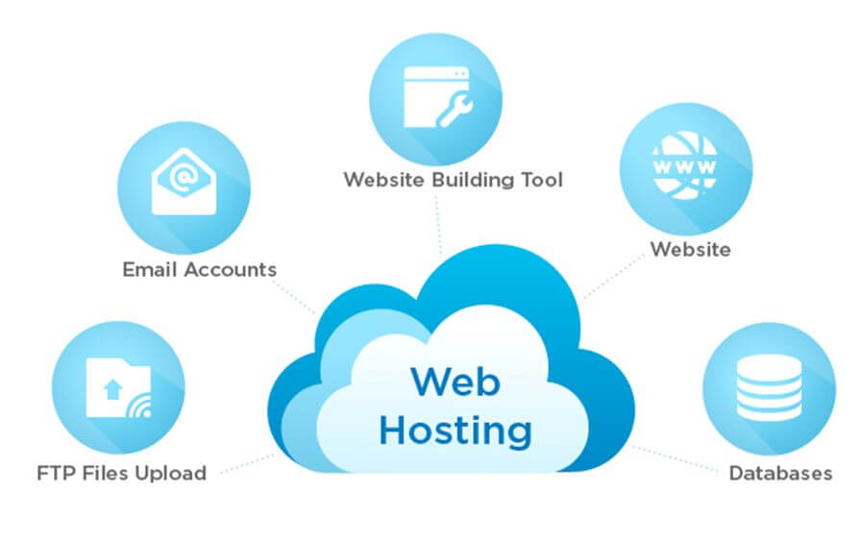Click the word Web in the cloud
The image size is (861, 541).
pyautogui.click(x=455, y=381)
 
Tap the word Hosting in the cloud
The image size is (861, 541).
pyautogui.click(x=455, y=430)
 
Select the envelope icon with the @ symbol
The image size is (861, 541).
pyautogui.click(x=184, y=182)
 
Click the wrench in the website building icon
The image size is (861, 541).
pyautogui.click(x=455, y=111)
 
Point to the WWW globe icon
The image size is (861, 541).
pyautogui.click(x=685, y=165)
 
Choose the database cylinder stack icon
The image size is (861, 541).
pyautogui.click(x=769, y=387)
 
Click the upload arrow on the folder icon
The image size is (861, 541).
pyautogui.click(x=113, y=389)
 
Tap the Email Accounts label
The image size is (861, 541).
pyautogui.click(x=199, y=270)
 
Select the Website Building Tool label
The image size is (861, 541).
pyautogui.click(x=454, y=180)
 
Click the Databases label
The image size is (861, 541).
pyautogui.click(x=780, y=473)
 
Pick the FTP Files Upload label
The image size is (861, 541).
pyautogui.click(x=121, y=473)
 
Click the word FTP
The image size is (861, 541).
pyautogui.click(x=57, y=473)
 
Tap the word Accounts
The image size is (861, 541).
pyautogui.click(x=231, y=270)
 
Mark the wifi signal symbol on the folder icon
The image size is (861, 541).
pyautogui.click(x=139, y=406)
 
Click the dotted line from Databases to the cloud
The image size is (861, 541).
pyautogui.click(x=675, y=458)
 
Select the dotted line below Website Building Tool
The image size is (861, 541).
pyautogui.click(x=438, y=225)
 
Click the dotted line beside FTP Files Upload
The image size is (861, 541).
pyautogui.click(x=247, y=463)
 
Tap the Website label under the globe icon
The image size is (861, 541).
pyautogui.click(x=690, y=249)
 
